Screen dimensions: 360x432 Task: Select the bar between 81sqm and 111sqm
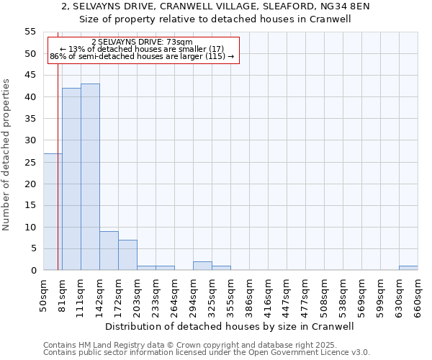click(71, 179)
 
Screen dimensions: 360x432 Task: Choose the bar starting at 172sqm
click(127, 255)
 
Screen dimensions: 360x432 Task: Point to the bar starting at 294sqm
click(202, 266)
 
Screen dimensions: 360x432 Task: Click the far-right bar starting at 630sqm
click(408, 268)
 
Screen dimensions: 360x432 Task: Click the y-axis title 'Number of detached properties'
click(6, 155)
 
